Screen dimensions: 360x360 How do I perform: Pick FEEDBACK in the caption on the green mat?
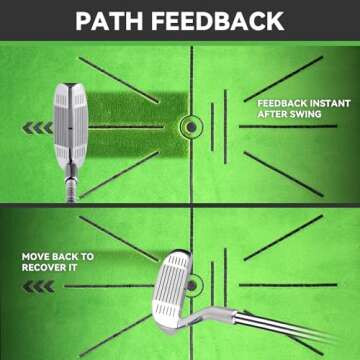point(276,103)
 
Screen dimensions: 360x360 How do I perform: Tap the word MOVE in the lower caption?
point(39,256)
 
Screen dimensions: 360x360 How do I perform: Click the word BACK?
point(71,256)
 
